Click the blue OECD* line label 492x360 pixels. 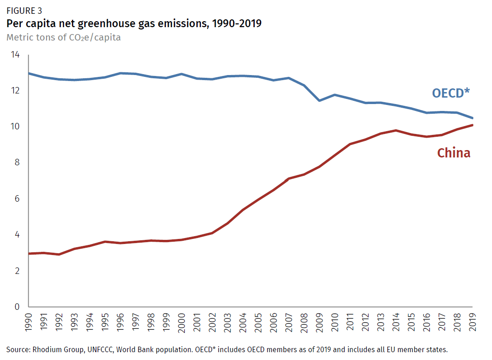[451, 93]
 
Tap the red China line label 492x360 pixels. [453, 153]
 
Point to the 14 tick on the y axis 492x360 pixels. [15, 55]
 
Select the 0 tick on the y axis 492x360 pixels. [17, 307]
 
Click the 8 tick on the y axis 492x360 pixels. [17, 163]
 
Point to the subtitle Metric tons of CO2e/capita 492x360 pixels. [64, 38]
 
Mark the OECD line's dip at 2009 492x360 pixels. [319, 100]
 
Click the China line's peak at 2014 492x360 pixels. [396, 130]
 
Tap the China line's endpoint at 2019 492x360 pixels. [472, 125]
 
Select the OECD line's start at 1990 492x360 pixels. [29, 73]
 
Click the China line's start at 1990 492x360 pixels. [29, 254]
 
